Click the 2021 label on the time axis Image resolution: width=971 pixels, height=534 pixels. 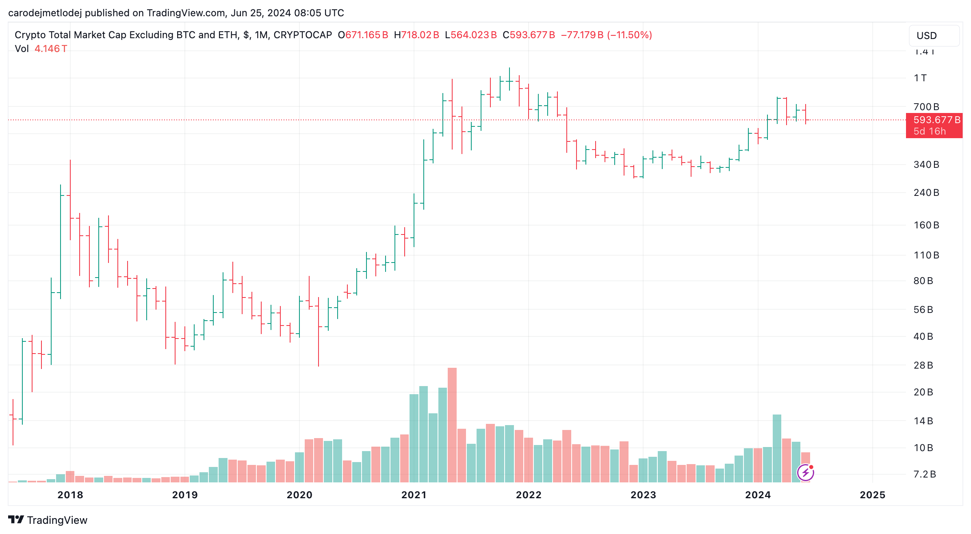point(414,495)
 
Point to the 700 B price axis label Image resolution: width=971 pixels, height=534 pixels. point(926,107)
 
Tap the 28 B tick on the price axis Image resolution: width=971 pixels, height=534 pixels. point(923,365)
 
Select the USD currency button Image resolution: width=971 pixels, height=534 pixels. point(934,36)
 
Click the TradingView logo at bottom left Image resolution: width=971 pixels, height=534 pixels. point(48,520)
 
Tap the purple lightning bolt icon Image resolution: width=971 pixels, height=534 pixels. point(805,472)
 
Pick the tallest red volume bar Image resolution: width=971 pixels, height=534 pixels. point(452,425)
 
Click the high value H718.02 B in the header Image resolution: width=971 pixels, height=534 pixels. point(416,35)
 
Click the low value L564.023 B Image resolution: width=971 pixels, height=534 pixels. point(471,35)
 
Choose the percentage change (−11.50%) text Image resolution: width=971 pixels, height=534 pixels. point(629,35)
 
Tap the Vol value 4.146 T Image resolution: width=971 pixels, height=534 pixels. point(51,49)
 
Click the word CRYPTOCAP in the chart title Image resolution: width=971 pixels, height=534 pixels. point(303,35)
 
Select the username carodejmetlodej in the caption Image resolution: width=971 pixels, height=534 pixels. point(45,13)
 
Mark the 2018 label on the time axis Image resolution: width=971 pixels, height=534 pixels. point(70,495)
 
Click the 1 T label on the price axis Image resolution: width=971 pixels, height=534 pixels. point(920,78)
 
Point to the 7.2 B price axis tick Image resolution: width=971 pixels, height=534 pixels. point(924,474)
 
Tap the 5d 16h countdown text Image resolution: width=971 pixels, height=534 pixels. point(930,131)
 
